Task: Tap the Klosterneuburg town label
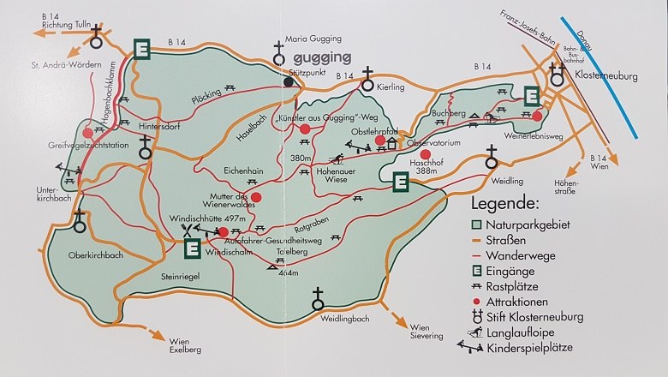tap(609, 75)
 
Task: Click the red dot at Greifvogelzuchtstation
tap(89, 134)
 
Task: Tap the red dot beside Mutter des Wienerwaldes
tap(255, 196)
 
